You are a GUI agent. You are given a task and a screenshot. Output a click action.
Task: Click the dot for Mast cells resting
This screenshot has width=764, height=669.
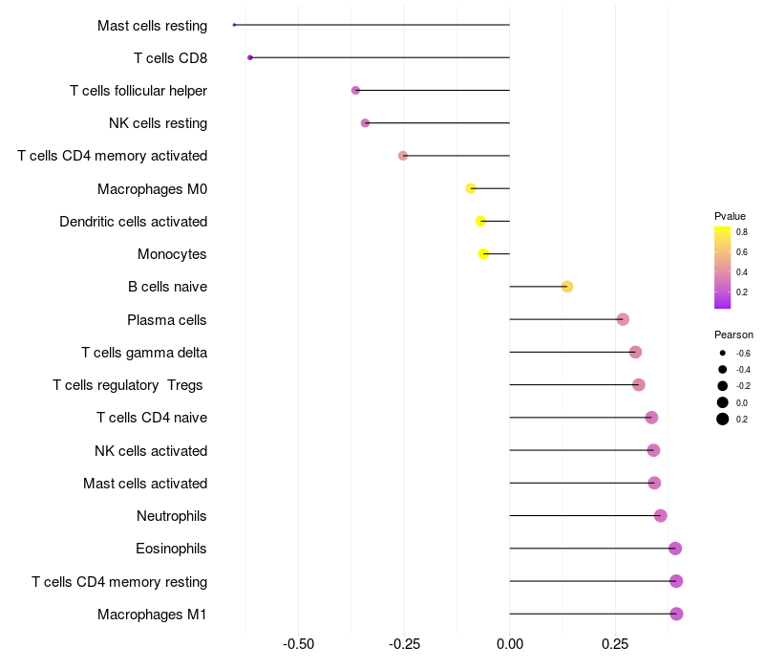(x=234, y=25)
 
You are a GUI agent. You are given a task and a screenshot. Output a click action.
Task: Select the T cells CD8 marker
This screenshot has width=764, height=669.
(x=250, y=57)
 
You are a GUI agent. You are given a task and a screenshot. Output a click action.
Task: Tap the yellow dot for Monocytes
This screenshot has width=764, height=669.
(x=483, y=254)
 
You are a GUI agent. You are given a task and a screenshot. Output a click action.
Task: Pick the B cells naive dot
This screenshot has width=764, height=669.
(x=567, y=287)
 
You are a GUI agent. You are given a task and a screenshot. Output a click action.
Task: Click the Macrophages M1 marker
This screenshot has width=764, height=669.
(x=677, y=614)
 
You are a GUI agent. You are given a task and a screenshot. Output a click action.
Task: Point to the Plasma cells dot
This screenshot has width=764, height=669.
(x=623, y=319)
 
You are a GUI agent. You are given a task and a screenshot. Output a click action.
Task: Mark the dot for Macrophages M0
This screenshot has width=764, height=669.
(x=471, y=188)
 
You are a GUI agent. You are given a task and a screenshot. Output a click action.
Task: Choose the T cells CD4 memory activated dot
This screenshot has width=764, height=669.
(x=403, y=156)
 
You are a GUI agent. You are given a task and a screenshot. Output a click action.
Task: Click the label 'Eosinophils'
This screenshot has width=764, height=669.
(x=171, y=549)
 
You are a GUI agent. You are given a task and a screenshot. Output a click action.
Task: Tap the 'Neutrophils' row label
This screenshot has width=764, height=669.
(x=172, y=516)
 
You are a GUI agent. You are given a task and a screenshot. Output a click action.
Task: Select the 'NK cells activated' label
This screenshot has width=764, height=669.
(x=151, y=450)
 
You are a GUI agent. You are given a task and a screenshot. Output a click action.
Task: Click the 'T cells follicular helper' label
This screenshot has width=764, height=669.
(x=138, y=91)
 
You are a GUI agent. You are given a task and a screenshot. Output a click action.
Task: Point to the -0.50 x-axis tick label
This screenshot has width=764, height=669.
(x=299, y=644)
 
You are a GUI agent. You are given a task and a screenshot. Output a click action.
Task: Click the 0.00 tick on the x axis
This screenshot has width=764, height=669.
(x=510, y=644)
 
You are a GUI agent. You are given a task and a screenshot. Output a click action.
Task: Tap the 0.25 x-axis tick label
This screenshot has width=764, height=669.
(x=616, y=644)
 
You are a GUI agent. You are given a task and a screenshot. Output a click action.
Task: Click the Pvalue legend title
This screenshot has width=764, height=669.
(x=730, y=216)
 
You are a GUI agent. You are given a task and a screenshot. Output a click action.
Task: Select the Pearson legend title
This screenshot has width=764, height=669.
(x=733, y=334)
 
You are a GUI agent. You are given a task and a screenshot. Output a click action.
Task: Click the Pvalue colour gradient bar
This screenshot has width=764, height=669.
(x=723, y=268)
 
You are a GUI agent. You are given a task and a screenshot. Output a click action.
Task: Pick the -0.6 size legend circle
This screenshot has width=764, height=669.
(x=723, y=353)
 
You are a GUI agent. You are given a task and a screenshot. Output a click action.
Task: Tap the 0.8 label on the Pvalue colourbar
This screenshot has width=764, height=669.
(x=742, y=231)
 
